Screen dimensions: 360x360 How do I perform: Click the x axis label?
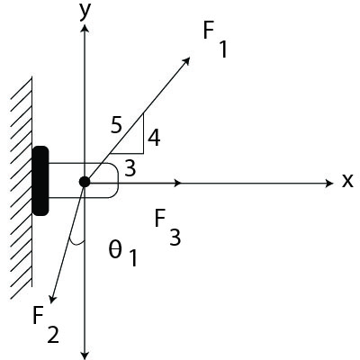pyautogui.click(x=347, y=181)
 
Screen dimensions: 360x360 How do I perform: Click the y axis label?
pyautogui.click(x=86, y=11)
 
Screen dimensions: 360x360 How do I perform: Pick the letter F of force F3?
pyautogui.click(x=160, y=218)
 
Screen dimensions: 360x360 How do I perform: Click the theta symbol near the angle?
pyautogui.click(x=114, y=250)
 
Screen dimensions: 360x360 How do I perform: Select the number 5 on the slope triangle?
pyautogui.click(x=116, y=125)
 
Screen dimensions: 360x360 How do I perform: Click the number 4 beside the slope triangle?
pyautogui.click(x=154, y=138)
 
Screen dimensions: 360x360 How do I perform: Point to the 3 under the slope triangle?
pyautogui.click(x=130, y=166)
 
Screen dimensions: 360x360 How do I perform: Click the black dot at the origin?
pyautogui.click(x=85, y=182)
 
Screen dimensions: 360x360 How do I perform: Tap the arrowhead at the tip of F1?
pyautogui.click(x=187, y=60)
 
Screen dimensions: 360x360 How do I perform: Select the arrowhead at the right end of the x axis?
pyautogui.click(x=329, y=182)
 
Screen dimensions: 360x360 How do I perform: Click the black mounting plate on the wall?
pyautogui.click(x=40, y=180)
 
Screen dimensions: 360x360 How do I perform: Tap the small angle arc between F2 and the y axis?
pyautogui.click(x=76, y=244)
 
